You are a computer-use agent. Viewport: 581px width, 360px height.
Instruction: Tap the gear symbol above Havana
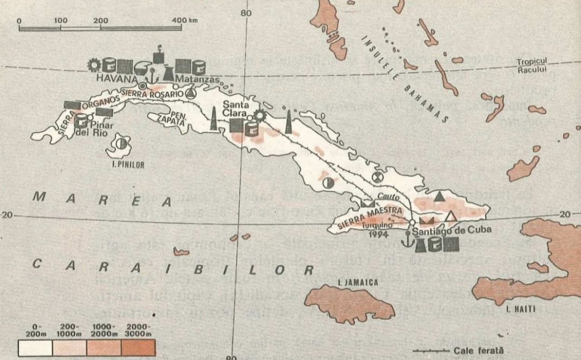[x=94, y=65]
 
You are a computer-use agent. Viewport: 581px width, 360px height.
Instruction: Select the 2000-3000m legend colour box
[x=138, y=348]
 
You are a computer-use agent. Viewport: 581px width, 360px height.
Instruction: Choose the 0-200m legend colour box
[x=35, y=348]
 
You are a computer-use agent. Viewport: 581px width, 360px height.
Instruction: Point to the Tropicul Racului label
[x=537, y=66]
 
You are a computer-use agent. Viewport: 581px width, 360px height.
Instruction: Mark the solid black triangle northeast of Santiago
[x=440, y=196]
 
